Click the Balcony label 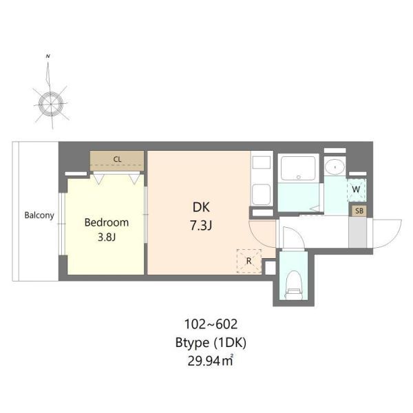click(39, 215)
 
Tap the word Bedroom click(107, 222)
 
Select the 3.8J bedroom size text click(107, 237)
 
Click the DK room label click(201, 207)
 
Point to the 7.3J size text click(201, 226)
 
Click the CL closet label click(117, 160)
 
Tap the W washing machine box click(356, 189)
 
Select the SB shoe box click(359, 211)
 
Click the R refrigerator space click(249, 261)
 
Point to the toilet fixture click(293, 286)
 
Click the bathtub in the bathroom click(299, 169)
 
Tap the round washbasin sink click(335, 167)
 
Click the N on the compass click(47, 56)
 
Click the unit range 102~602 click(211, 324)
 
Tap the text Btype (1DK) click(211, 343)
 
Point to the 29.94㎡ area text click(210, 361)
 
